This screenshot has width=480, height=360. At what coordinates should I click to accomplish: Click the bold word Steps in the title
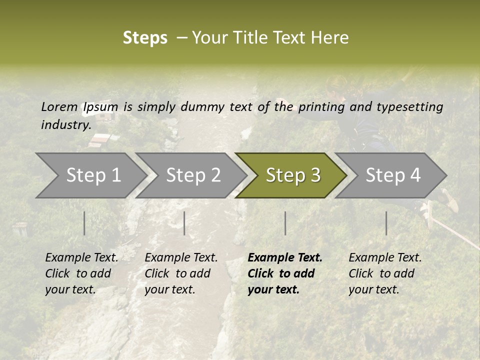click(x=145, y=38)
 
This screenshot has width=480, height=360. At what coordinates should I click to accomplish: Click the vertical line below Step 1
click(x=84, y=223)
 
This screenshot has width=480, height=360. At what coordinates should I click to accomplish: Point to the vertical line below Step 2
click(x=184, y=223)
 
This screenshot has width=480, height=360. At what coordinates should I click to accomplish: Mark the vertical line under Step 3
click(x=285, y=223)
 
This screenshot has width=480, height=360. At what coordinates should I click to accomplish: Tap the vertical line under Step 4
click(x=386, y=223)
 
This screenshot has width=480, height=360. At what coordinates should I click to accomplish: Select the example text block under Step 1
click(x=81, y=273)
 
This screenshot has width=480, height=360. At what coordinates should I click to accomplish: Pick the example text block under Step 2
click(x=181, y=273)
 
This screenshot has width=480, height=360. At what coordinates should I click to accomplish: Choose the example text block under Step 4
click(x=385, y=273)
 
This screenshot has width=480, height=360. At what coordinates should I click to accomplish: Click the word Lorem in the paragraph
click(x=59, y=106)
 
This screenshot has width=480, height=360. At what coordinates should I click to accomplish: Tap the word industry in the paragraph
click(x=65, y=125)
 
